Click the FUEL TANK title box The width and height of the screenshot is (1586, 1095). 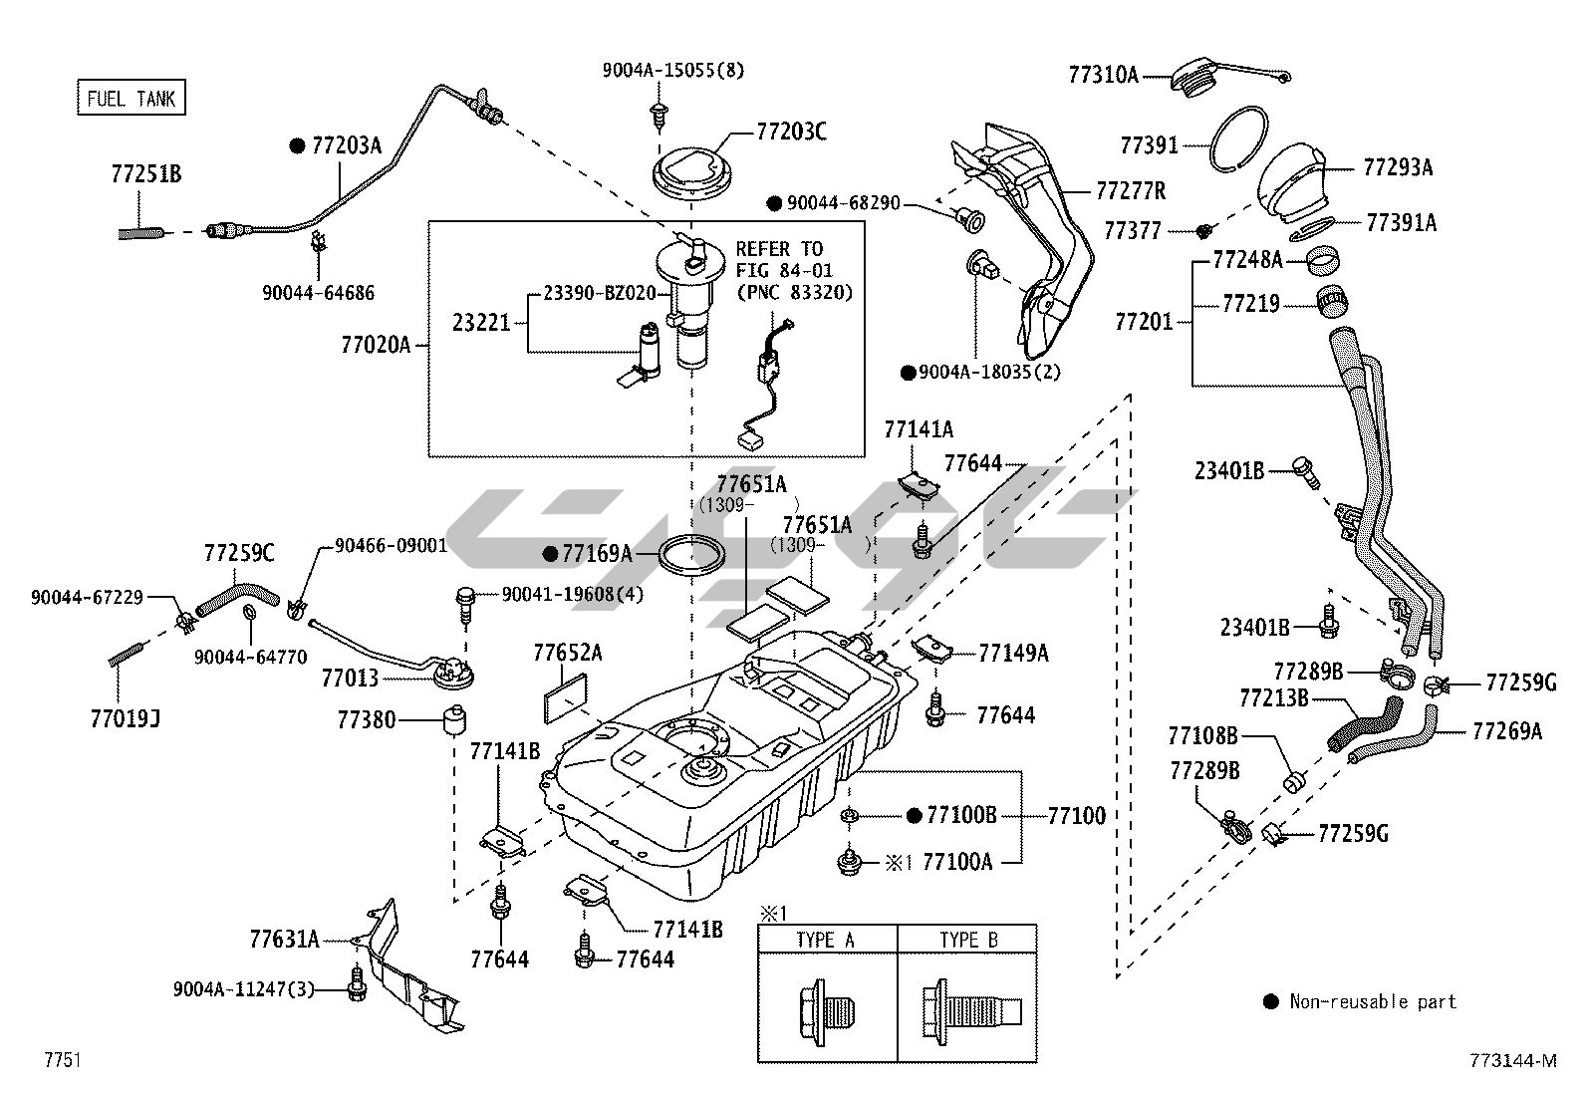(132, 98)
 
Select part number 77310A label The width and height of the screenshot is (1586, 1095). (1103, 75)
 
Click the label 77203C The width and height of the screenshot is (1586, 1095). (791, 131)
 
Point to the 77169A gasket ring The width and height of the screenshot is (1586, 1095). (692, 554)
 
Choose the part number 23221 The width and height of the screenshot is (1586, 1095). (481, 322)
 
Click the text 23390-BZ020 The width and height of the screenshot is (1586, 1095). (599, 293)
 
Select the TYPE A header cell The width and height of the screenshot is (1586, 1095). (825, 939)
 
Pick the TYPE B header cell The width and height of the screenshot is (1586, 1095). (967, 939)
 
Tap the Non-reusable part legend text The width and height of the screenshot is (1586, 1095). (1373, 1001)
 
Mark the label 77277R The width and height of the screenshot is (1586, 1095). (1131, 189)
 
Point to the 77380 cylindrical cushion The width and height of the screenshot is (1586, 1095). (456, 719)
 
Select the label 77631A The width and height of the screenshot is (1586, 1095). (284, 939)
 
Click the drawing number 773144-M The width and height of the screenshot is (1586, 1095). (1510, 1060)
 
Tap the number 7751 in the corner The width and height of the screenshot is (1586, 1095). (62, 1060)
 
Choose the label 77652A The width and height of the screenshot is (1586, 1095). (567, 653)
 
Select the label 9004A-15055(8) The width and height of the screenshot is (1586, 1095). (672, 70)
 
